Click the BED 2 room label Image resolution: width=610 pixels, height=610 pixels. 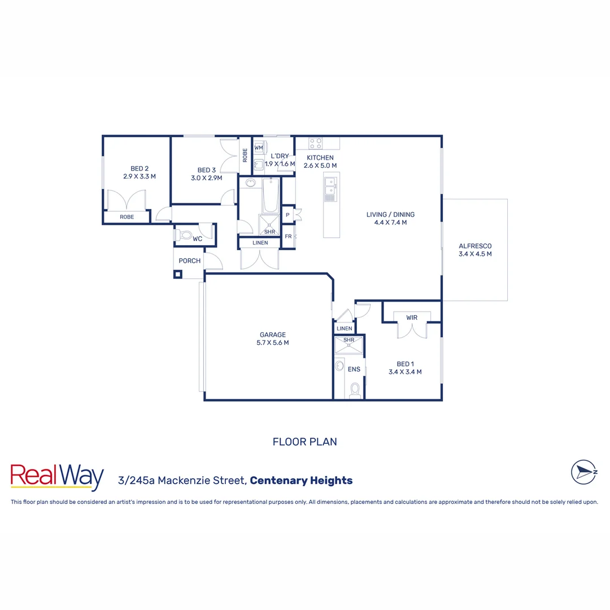pyautogui.click(x=139, y=168)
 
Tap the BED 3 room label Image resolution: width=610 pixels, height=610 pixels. pyautogui.click(x=207, y=170)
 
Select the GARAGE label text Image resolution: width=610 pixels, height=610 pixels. pyautogui.click(x=273, y=335)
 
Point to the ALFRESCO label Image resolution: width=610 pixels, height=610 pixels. pyautogui.click(x=475, y=246)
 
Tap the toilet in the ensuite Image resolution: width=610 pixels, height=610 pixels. pyautogui.click(x=355, y=390)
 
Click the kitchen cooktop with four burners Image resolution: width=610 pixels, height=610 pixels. pyautogui.click(x=316, y=143)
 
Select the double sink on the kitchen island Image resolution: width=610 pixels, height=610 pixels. pyautogui.click(x=331, y=189)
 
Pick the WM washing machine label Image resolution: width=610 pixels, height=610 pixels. pyautogui.click(x=259, y=148)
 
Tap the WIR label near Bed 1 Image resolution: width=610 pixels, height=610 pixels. pyautogui.click(x=412, y=317)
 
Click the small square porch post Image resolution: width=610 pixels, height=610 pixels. pyautogui.click(x=178, y=274)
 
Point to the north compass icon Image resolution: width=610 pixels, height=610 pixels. pyautogui.click(x=585, y=472)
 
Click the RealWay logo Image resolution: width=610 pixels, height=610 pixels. pyautogui.click(x=57, y=478)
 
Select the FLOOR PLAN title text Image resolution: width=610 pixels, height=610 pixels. pyautogui.click(x=305, y=442)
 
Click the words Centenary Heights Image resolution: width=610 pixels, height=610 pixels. pyautogui.click(x=301, y=481)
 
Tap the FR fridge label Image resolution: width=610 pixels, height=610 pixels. pyautogui.click(x=288, y=237)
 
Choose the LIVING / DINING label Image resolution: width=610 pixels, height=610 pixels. pyautogui.click(x=390, y=215)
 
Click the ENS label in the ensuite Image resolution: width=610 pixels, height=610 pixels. pyautogui.click(x=354, y=369)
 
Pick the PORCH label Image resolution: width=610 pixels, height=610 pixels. pyautogui.click(x=189, y=261)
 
